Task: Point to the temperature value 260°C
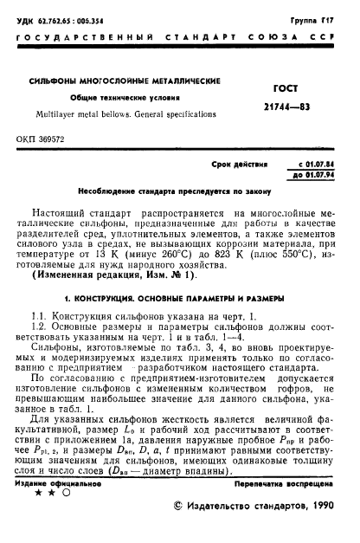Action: point(206,255)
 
